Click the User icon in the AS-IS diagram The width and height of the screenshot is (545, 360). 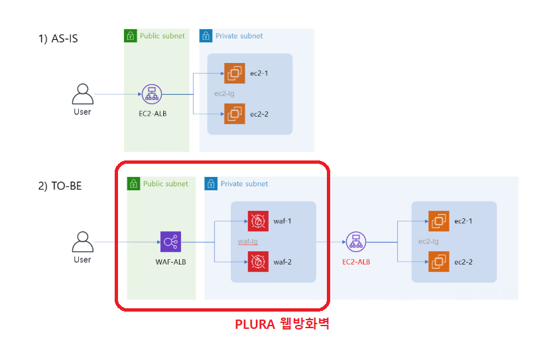pyautogui.click(x=82, y=94)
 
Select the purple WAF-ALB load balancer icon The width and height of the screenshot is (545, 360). pyautogui.click(x=170, y=242)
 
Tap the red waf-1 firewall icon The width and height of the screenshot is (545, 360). pyautogui.click(x=257, y=221)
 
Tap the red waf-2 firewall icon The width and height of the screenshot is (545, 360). pyautogui.click(x=257, y=262)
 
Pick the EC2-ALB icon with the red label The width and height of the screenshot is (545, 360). pyautogui.click(x=355, y=242)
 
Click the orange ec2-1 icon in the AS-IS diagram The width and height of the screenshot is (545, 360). pyautogui.click(x=234, y=73)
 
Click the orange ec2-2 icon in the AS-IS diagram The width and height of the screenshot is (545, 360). pyautogui.click(x=234, y=114)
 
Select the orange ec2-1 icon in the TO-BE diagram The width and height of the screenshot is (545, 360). pyautogui.click(x=438, y=221)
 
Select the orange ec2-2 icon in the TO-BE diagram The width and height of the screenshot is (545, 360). pyautogui.click(x=438, y=262)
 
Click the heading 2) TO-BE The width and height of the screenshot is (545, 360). pyautogui.click(x=60, y=186)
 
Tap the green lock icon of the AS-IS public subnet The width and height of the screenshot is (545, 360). pyautogui.click(x=131, y=36)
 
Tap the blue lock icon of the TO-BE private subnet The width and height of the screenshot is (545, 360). pyautogui.click(x=212, y=184)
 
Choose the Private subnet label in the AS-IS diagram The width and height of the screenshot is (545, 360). pyautogui.click(x=239, y=36)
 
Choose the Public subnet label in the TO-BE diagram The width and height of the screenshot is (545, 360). pyautogui.click(x=166, y=184)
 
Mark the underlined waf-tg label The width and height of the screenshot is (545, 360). pyautogui.click(x=247, y=241)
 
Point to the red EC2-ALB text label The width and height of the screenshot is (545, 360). pyautogui.click(x=356, y=261)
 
